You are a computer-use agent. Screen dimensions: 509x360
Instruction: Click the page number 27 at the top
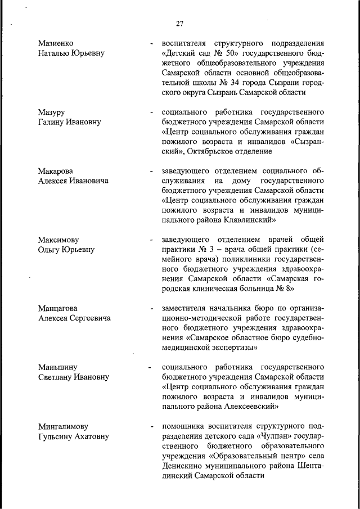click(179, 24)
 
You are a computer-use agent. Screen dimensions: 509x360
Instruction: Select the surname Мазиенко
click(56, 43)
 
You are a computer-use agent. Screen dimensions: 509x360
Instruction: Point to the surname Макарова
click(56, 170)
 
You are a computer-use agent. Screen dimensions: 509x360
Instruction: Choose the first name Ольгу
click(49, 249)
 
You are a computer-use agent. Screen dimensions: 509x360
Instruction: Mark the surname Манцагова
click(57, 308)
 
